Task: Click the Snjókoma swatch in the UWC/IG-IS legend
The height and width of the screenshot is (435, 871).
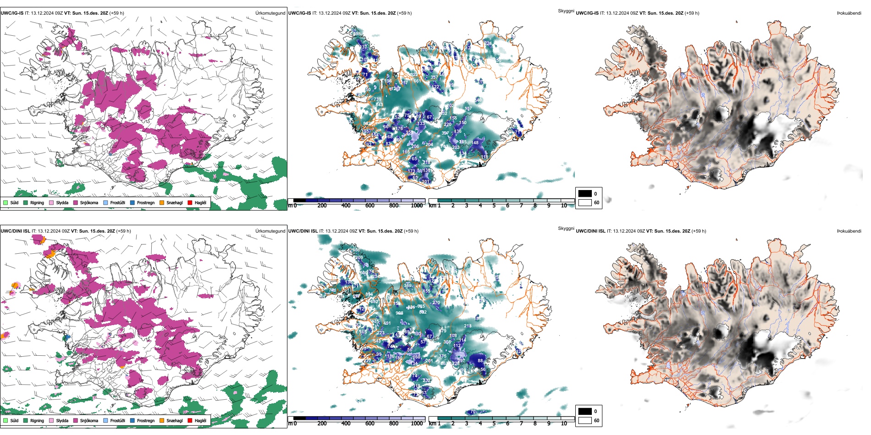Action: [x=76, y=202]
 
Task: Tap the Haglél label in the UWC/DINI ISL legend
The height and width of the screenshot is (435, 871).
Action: [x=200, y=420]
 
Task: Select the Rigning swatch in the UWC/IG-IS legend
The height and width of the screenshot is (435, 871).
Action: [x=26, y=202]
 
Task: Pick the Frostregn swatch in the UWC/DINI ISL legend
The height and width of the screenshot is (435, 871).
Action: [x=132, y=420]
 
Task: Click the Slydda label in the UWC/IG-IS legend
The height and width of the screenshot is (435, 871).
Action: [x=62, y=202]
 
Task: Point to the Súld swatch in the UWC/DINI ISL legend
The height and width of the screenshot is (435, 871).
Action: [x=6, y=420]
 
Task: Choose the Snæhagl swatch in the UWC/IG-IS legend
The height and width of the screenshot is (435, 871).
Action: [x=162, y=202]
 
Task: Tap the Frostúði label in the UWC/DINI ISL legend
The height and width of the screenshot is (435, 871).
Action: [x=117, y=420]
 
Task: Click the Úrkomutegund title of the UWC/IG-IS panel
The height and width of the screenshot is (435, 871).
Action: [x=270, y=13]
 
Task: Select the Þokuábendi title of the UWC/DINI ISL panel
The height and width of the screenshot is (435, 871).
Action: [x=849, y=231]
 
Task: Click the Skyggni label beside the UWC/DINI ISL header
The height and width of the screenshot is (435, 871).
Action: [x=566, y=228]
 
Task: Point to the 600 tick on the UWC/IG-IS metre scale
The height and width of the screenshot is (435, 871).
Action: [x=370, y=206]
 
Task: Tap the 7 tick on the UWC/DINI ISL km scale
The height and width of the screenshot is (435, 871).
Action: [x=521, y=424]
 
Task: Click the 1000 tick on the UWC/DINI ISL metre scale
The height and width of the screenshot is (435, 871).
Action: [x=417, y=424]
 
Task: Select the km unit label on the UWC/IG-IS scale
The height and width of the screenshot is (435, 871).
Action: [x=432, y=206]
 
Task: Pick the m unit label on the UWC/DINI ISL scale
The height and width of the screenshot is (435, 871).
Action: [x=290, y=424]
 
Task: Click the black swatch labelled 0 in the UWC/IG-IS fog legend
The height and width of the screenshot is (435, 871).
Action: [x=585, y=194]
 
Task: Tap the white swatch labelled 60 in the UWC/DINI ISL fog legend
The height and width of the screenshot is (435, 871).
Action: [x=585, y=420]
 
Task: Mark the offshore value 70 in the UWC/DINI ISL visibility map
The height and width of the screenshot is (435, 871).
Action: [x=473, y=412]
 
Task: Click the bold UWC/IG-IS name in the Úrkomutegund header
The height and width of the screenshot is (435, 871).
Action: [x=12, y=13]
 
